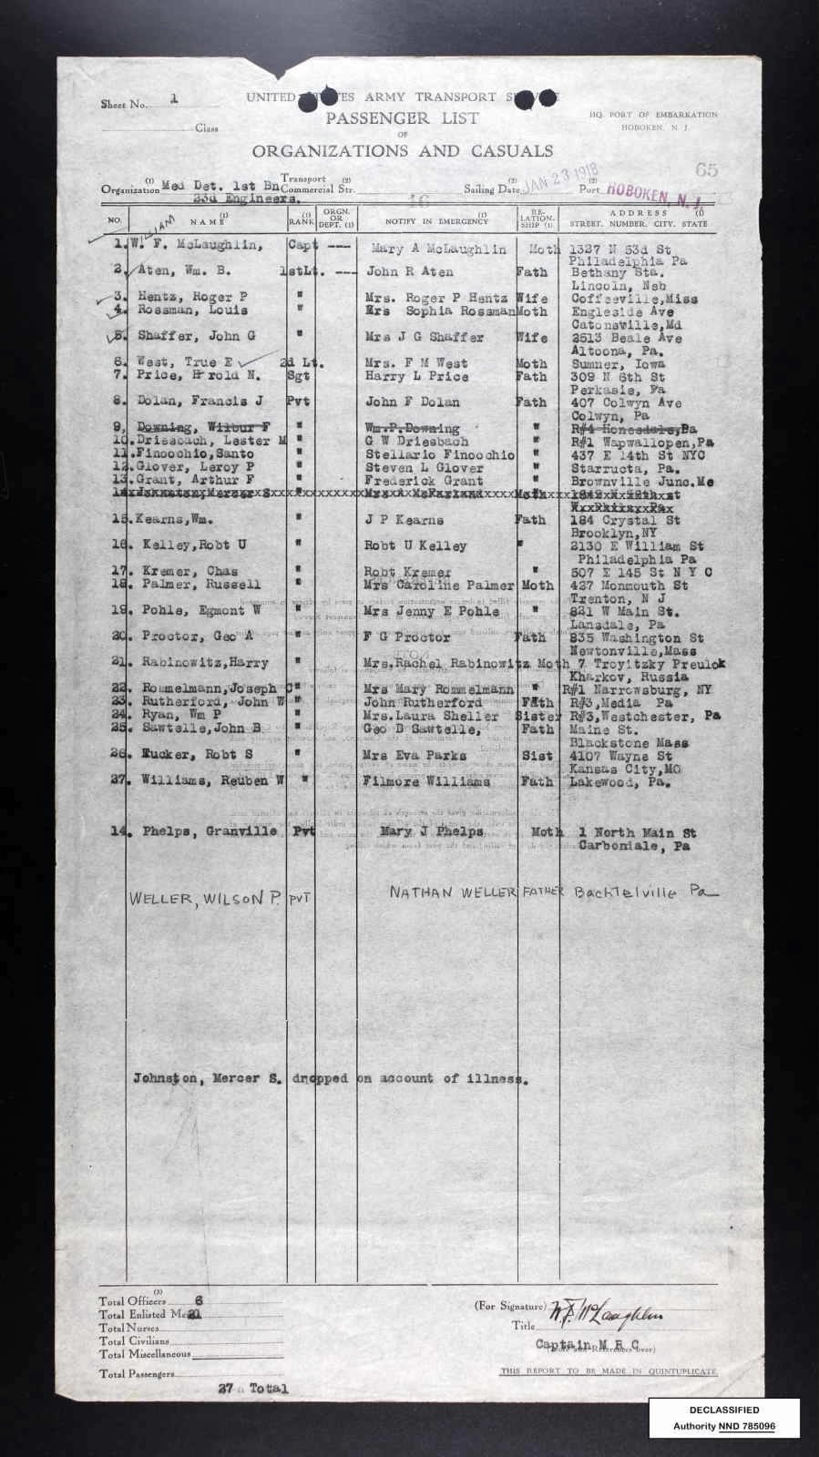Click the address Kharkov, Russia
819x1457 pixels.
tap(612, 679)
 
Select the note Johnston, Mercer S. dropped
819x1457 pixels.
tap(328, 1078)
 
